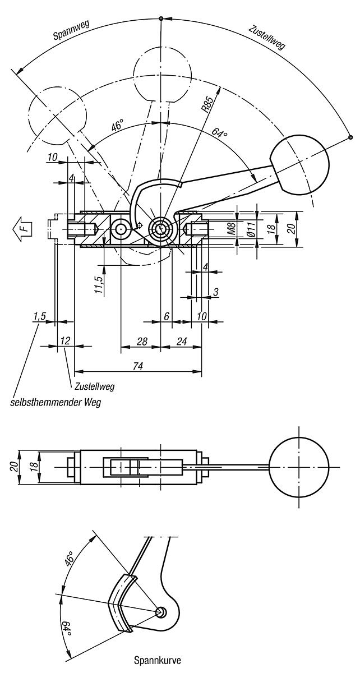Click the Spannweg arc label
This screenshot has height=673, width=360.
click(71, 30)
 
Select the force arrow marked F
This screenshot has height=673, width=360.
click(22, 229)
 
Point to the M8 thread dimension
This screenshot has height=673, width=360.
click(232, 229)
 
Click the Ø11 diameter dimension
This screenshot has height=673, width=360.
click(252, 229)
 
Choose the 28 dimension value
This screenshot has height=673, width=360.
click(142, 342)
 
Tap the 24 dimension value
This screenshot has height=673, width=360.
click(181, 342)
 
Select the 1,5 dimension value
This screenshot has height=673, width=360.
click(39, 316)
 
